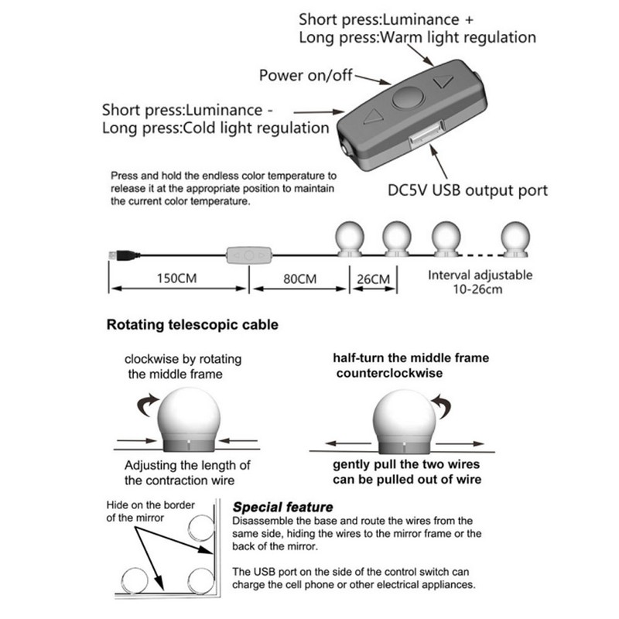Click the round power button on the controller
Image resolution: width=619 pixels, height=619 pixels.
click(x=407, y=100)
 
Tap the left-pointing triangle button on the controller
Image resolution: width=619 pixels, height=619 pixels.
click(x=374, y=119)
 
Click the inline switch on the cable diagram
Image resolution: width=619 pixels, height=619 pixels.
click(x=248, y=254)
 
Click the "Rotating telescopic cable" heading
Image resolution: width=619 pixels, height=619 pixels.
click(x=192, y=325)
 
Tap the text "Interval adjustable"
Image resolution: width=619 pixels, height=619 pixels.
click(x=480, y=275)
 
